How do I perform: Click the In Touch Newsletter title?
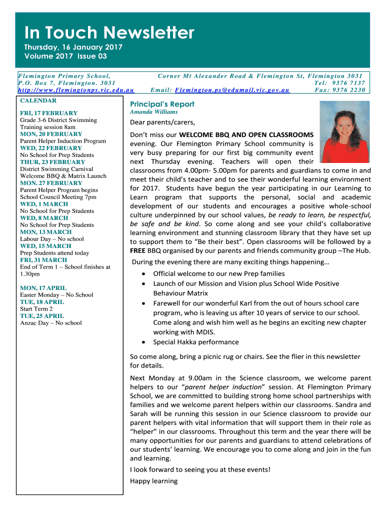[x=109, y=33]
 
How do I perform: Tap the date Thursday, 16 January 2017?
[x=73, y=47]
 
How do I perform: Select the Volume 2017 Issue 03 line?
[x=65, y=56]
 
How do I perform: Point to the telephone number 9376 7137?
[x=349, y=83]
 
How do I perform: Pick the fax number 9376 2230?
[x=349, y=90]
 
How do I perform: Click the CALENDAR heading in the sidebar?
[x=38, y=100]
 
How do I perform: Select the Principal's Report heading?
[x=162, y=104]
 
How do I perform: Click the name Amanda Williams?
[x=153, y=112]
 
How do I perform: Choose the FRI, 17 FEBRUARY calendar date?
[x=48, y=113]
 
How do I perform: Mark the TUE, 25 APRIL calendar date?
[x=42, y=316]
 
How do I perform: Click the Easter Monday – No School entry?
[x=56, y=295]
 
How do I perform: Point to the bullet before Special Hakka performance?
[x=144, y=342]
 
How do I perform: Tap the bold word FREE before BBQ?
[x=138, y=250]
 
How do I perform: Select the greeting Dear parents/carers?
[x=162, y=122]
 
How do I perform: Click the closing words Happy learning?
[x=153, y=481]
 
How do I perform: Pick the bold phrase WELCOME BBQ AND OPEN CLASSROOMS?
[x=246, y=135]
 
